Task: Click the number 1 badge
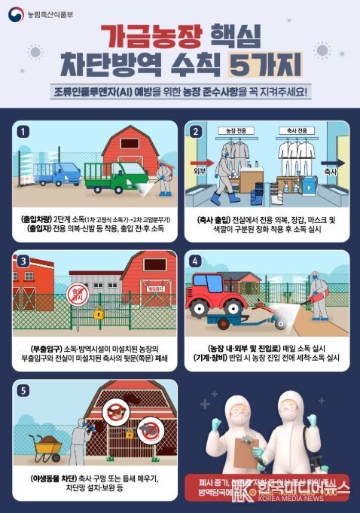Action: pos(23,131)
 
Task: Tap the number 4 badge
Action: pos(196,261)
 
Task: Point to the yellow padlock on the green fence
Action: pos(99,312)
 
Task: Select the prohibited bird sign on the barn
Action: pos(117,411)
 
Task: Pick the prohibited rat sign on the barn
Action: pos(148,431)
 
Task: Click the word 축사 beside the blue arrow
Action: pos(330,172)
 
